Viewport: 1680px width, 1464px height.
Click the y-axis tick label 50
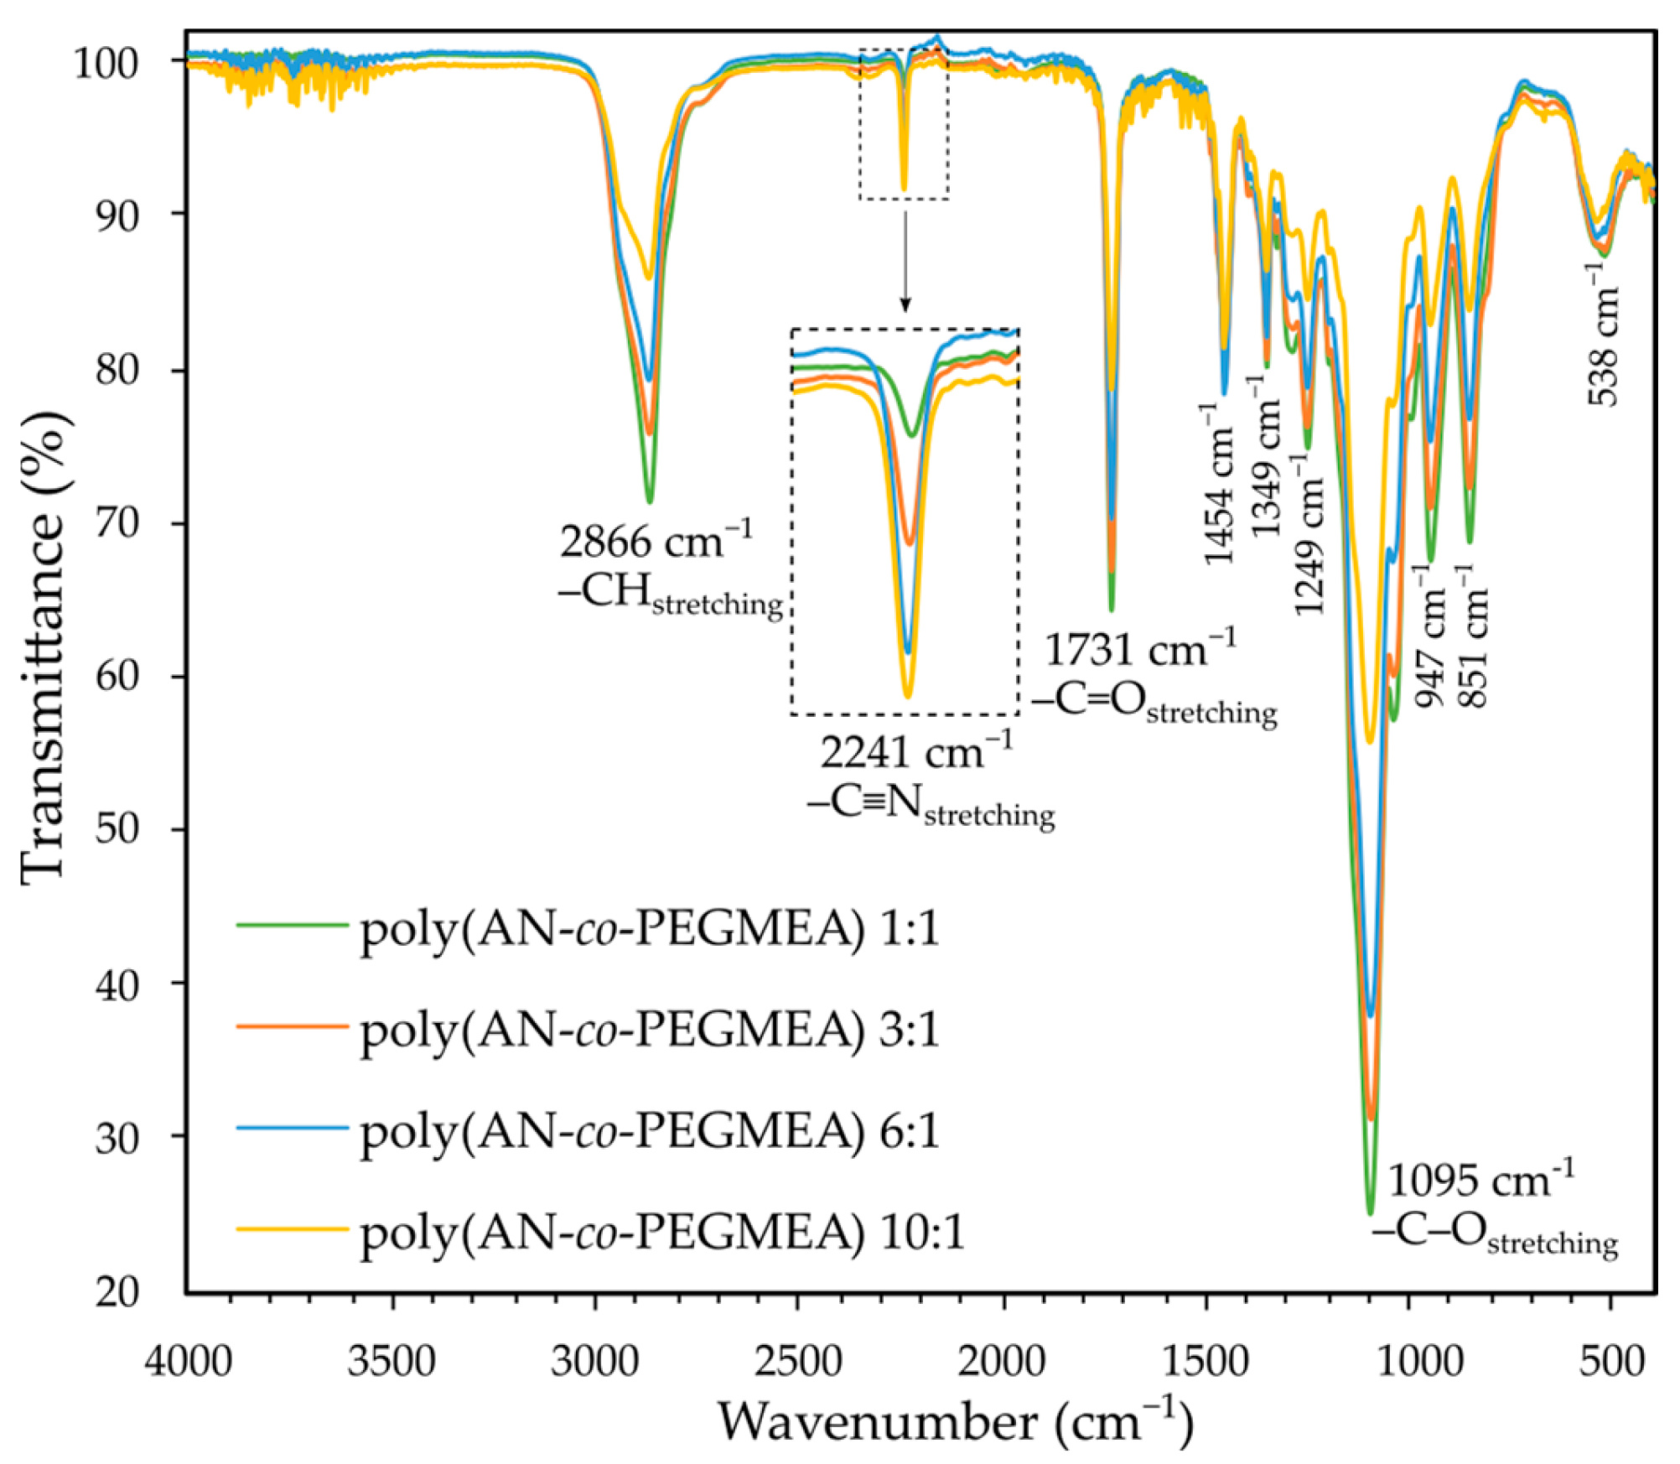116,829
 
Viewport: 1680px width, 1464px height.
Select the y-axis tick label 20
116,1292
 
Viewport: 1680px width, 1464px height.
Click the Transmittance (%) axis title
42,646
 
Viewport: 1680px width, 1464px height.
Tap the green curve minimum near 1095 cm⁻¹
1371,1212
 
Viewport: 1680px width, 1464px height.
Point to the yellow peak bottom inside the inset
907,695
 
